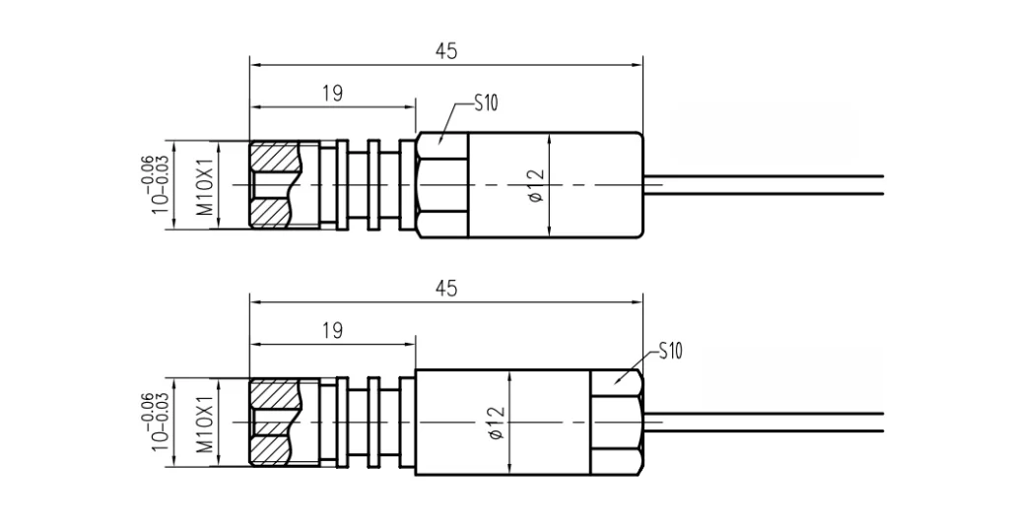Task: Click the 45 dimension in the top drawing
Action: click(x=446, y=51)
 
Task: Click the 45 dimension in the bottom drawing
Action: click(x=446, y=288)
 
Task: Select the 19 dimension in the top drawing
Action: click(x=332, y=94)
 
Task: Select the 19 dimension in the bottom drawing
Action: click(x=332, y=331)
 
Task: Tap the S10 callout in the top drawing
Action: click(x=486, y=102)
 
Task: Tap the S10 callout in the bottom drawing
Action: click(x=670, y=351)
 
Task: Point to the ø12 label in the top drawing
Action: click(x=536, y=185)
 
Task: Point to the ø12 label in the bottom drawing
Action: click(x=497, y=424)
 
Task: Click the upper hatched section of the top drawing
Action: click(x=275, y=158)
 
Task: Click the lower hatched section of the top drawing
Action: click(x=275, y=212)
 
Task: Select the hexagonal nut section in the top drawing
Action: click(x=441, y=185)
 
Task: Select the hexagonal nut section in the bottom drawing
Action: click(x=617, y=423)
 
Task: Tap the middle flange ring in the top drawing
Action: click(x=373, y=185)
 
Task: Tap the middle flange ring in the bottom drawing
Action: click(x=373, y=423)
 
